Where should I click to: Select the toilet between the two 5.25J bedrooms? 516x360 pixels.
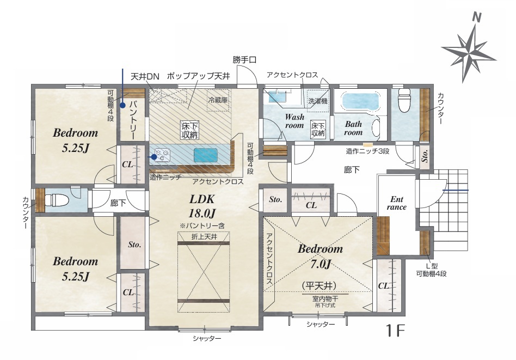pyautogui.click(x=56, y=200)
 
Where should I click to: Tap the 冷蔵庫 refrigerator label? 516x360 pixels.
pyautogui.click(x=218, y=100)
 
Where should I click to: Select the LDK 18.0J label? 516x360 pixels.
pyautogui.click(x=202, y=206)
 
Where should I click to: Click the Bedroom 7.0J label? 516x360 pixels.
pyautogui.click(x=320, y=256)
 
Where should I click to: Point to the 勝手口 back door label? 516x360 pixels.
pyautogui.click(x=244, y=60)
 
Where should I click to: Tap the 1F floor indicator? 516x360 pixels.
pyautogui.click(x=395, y=331)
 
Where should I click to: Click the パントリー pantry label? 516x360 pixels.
pyautogui.click(x=132, y=120)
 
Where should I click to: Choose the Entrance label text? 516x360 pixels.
pyautogui.click(x=397, y=203)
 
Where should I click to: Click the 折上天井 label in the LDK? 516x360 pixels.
pyautogui.click(x=204, y=236)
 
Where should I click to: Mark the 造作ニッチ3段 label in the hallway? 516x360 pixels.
pyautogui.click(x=367, y=151)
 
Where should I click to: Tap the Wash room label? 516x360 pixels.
pyautogui.click(x=294, y=121)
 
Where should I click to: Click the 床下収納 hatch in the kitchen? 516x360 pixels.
pyautogui.click(x=190, y=130)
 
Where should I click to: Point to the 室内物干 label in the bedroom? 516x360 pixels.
pyautogui.click(x=325, y=298)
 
